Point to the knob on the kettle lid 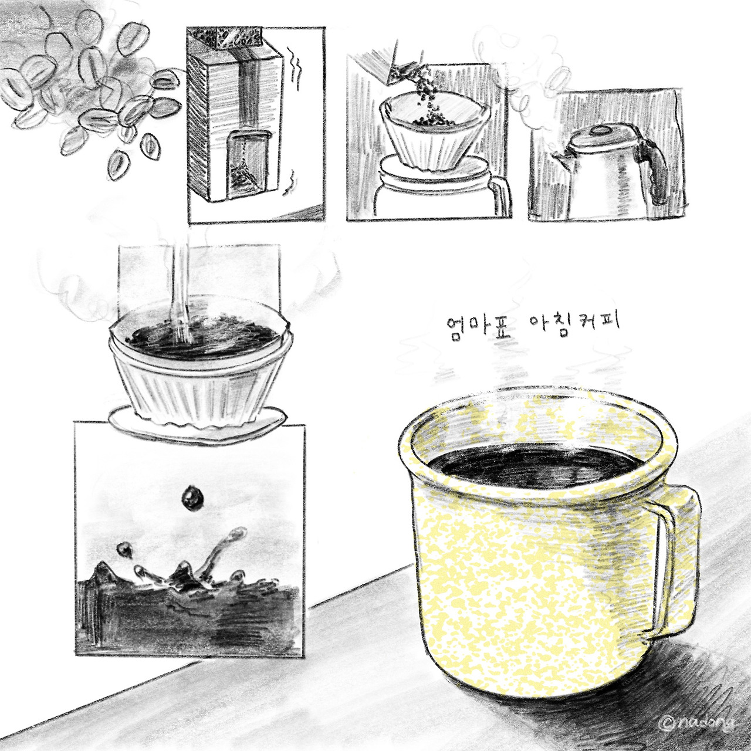(x=595, y=131)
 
